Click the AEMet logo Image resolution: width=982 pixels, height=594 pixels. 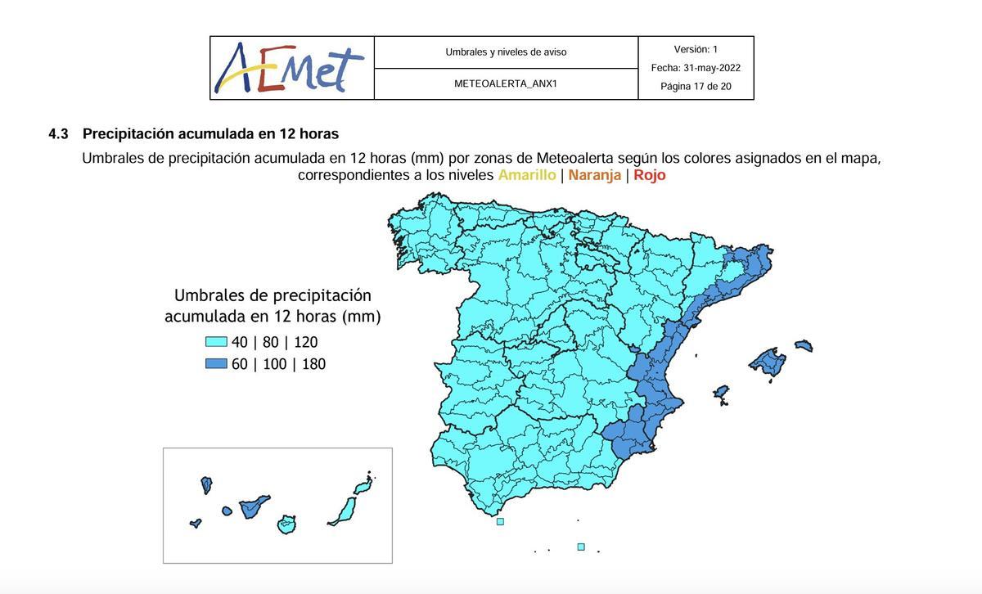coord(291,69)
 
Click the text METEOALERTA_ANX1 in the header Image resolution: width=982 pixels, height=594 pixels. coord(506,83)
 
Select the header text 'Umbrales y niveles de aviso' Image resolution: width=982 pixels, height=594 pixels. coord(506,52)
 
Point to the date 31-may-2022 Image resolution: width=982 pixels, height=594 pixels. coord(712,68)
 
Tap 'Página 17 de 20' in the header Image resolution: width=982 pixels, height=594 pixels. coord(696,87)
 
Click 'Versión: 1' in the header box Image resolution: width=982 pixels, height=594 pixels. coord(696,50)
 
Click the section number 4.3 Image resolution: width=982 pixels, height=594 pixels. coord(58,134)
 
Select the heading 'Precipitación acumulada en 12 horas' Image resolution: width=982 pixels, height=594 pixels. coord(210,134)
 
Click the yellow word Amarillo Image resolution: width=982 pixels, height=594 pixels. coord(527,175)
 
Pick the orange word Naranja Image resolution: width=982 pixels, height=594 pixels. coord(595,175)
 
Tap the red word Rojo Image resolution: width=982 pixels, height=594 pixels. coord(650,175)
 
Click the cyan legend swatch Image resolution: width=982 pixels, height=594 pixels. coord(216,342)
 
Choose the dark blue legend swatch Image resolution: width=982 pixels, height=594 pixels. coord(216,364)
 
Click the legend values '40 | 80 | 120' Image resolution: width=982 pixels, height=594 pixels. coord(275,343)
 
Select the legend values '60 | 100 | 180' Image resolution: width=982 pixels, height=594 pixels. coord(279,364)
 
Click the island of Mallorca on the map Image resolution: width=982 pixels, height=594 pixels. coord(768,362)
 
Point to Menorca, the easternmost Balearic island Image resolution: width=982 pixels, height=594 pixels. coord(804,346)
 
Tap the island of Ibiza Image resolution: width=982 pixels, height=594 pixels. coord(721,394)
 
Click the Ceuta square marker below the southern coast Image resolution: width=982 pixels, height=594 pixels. coord(500,521)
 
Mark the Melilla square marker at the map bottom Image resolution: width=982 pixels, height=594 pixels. coord(581,547)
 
